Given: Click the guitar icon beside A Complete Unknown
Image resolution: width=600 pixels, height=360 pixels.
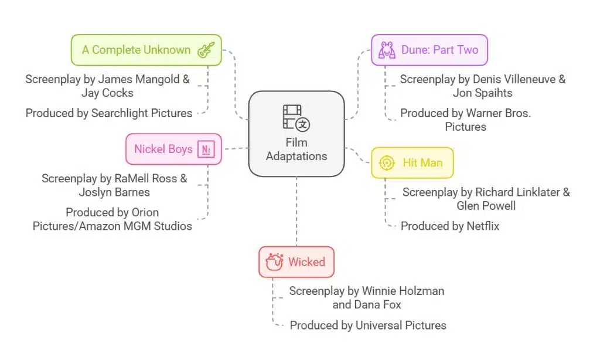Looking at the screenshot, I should pos(206,50).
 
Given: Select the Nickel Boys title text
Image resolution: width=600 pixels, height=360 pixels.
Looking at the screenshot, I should pos(163,149).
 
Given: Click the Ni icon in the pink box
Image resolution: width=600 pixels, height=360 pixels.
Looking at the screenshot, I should pos(206,150).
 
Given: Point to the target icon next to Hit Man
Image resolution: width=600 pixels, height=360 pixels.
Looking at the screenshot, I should pos(387,162).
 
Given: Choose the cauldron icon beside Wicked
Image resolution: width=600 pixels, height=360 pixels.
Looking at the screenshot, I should pos(274,261).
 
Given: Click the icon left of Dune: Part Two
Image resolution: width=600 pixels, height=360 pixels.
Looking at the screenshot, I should pos(387,50).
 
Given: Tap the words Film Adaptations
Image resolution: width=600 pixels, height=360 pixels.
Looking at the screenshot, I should pos(296,149).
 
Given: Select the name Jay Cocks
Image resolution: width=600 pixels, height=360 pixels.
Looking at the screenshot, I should pos(108,93).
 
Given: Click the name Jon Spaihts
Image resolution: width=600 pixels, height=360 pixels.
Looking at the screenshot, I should pos(483,93).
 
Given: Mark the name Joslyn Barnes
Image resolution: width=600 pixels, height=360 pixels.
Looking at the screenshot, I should pos(114,192).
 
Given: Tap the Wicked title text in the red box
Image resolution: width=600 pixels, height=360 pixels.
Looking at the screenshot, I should pos(306,261).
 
